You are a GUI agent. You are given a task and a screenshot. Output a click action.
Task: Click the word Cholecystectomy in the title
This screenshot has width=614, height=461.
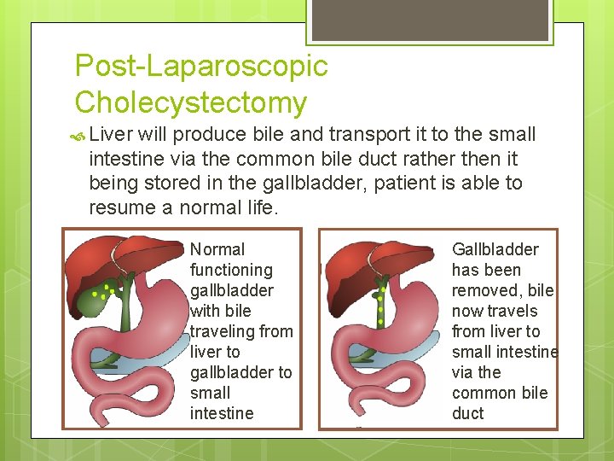191,102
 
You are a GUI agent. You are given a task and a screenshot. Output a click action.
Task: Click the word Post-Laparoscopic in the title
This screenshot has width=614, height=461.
201,66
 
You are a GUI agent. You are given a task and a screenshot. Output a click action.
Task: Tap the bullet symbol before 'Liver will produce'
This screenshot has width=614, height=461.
79,135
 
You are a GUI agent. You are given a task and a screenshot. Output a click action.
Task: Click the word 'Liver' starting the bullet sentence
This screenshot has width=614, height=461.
108,134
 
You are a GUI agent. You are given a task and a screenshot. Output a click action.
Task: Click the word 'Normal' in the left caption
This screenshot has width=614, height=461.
217,249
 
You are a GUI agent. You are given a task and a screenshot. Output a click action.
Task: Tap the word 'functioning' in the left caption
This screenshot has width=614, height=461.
231,270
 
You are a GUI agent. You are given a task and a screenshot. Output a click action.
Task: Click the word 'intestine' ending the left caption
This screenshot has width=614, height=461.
222,413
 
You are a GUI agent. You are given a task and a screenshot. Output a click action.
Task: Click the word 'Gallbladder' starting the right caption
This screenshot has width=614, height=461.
495,249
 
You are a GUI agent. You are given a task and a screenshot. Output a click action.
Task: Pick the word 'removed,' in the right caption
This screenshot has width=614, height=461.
486,290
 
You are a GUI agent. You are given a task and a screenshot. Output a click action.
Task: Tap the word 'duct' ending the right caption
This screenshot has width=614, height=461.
467,413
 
